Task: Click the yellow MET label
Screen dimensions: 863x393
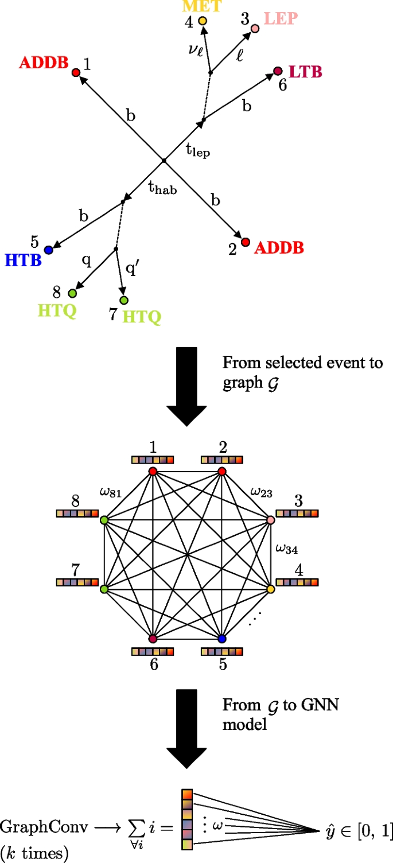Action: pos(201,6)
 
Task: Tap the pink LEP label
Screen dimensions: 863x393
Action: pos(281,18)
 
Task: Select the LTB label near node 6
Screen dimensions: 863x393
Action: pos(305,72)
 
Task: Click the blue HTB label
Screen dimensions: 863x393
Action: pos(23,261)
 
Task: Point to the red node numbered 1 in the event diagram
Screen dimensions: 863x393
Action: pos(75,72)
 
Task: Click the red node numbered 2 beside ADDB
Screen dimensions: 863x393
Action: pos(245,242)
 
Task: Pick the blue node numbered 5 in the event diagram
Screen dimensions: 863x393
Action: pos(49,250)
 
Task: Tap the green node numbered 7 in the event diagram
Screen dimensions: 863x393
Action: pos(123,300)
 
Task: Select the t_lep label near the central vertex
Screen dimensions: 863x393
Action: pos(197,150)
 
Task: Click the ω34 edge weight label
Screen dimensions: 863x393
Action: pos(286,549)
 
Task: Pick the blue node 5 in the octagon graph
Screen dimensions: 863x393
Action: pos(222,639)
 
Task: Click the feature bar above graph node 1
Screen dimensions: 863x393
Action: pos(152,460)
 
